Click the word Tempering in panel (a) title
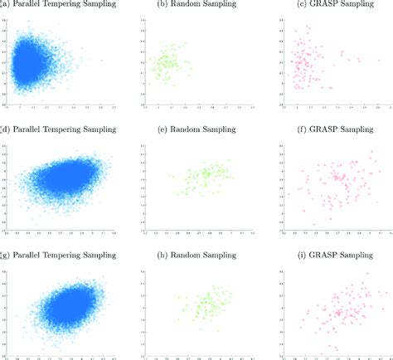pos(69,8)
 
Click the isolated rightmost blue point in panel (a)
pos(101,61)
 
